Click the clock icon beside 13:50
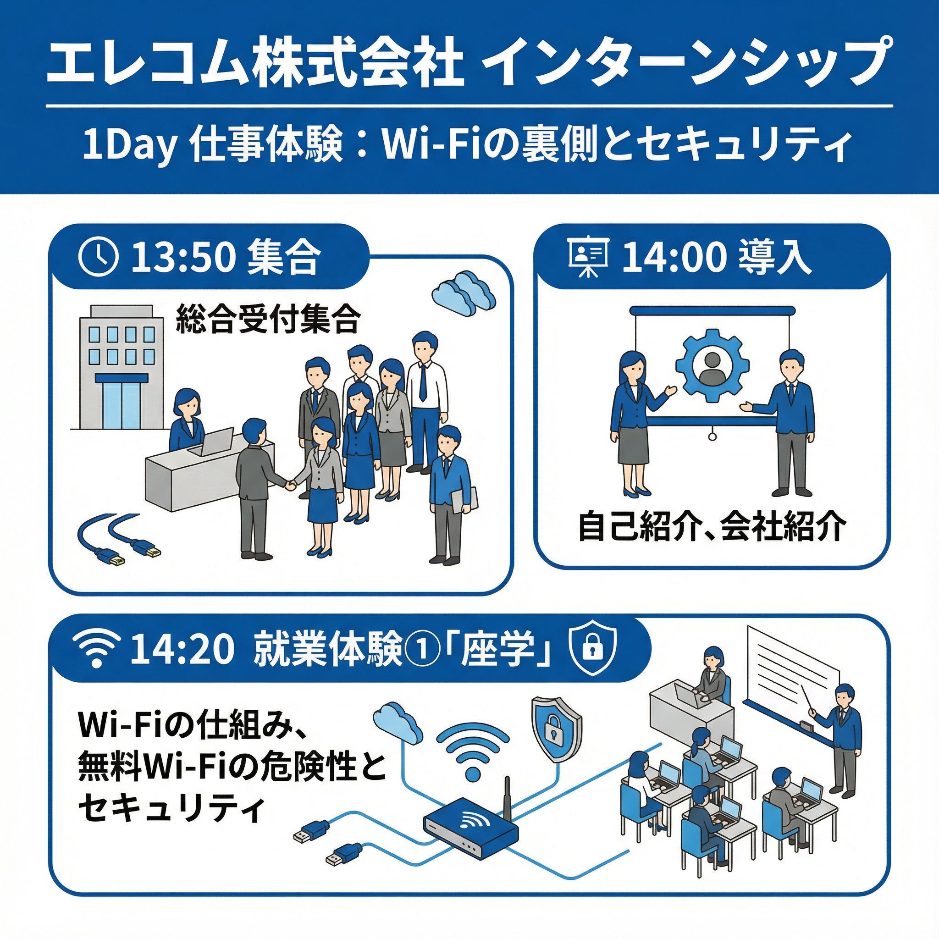pos(98,258)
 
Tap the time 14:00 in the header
pos(672,258)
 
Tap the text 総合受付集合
pos(268,319)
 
